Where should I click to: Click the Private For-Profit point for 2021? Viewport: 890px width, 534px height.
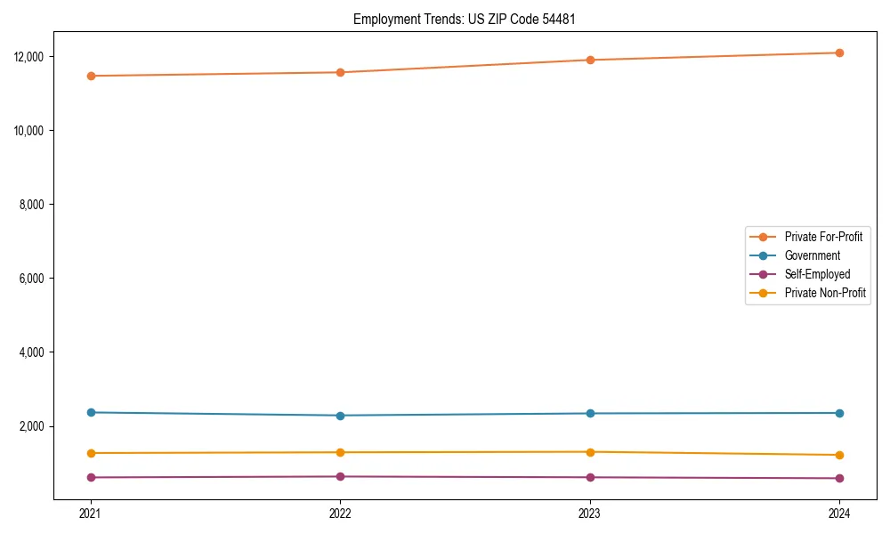click(x=91, y=76)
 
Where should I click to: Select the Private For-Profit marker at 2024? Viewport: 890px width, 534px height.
click(x=839, y=53)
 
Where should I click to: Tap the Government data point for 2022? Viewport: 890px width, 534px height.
click(x=340, y=416)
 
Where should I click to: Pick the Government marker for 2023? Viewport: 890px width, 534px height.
click(x=590, y=413)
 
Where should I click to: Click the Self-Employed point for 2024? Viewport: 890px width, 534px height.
click(x=839, y=479)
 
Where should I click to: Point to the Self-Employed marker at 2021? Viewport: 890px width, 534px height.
click(x=91, y=477)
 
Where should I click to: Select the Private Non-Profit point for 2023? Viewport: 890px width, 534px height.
click(x=590, y=452)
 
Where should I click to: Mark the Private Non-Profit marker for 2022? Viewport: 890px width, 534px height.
click(x=340, y=452)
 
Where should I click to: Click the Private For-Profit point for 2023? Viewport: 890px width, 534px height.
click(x=590, y=60)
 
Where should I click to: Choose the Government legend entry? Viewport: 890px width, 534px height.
click(x=812, y=255)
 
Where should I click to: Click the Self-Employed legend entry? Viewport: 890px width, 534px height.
click(x=817, y=274)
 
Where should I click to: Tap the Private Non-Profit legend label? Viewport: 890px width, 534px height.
click(x=825, y=293)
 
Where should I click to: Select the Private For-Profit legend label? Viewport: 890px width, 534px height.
click(x=822, y=237)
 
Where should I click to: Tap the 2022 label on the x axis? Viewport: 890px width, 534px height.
click(x=340, y=513)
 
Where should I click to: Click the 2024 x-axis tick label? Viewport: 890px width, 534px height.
click(x=839, y=513)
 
